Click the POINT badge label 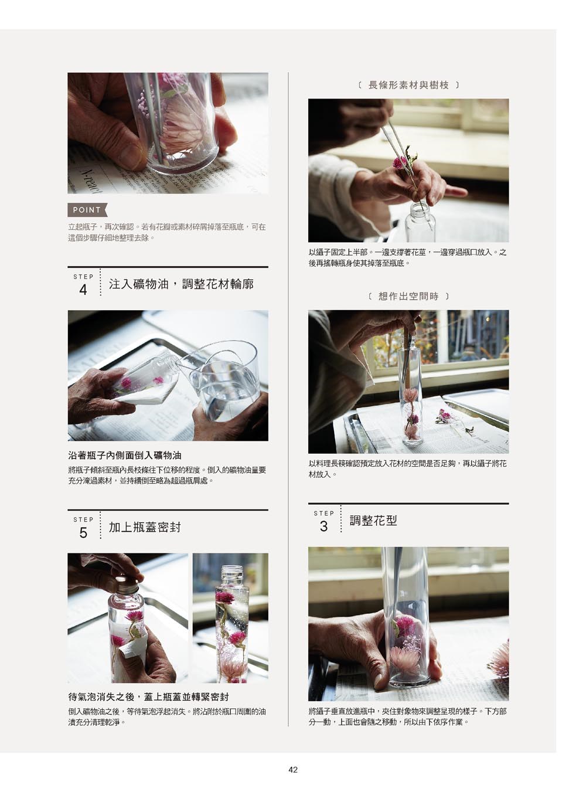[87, 210]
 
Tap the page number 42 [293, 769]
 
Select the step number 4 [83, 290]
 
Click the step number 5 [83, 533]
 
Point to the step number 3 [323, 526]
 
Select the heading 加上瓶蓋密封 [145, 527]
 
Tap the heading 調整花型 [373, 520]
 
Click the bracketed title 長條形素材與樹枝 [408, 85]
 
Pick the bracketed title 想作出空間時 [408, 296]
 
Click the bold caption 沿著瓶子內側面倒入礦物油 [125, 456]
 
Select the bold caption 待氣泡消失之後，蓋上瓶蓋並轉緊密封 [149, 697]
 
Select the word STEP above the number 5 [83, 519]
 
